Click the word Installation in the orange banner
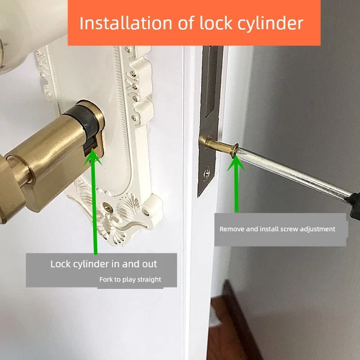(x=126, y=23)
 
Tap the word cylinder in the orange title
(x=271, y=24)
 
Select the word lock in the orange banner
(x=216, y=23)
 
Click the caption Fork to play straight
(x=130, y=279)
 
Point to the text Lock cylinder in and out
(x=104, y=264)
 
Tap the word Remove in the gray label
(x=232, y=229)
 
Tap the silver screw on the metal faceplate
(x=207, y=171)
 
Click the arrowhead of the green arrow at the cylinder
(x=93, y=156)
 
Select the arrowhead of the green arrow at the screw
(x=236, y=163)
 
